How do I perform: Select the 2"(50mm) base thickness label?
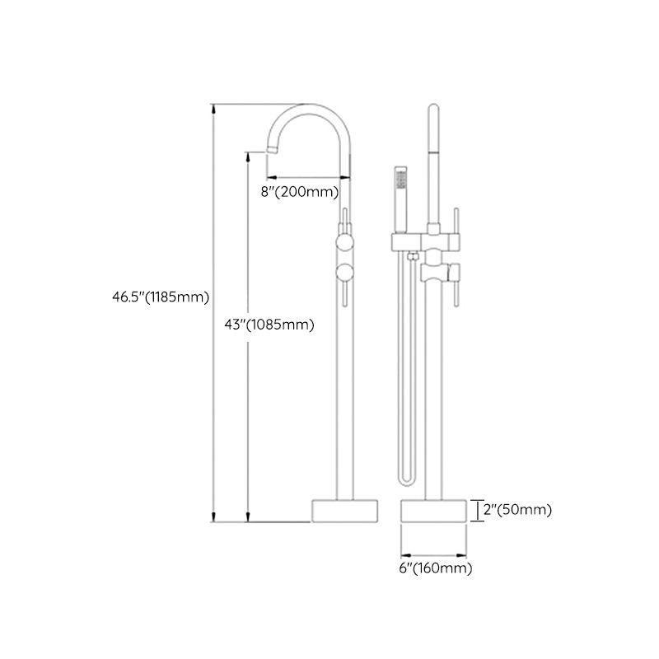(x=516, y=510)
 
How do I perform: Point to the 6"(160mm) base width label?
(x=436, y=568)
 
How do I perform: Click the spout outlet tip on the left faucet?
(x=270, y=149)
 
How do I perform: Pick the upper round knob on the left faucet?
(x=345, y=244)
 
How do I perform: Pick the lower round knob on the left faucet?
(x=345, y=273)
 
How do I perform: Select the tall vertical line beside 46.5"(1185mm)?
(x=215, y=313)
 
